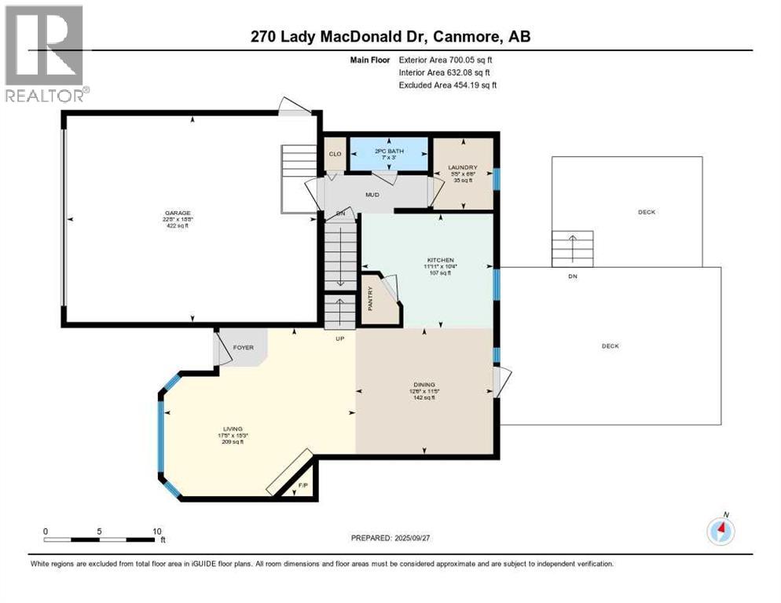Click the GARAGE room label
click(176, 213)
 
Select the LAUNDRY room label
click(463, 167)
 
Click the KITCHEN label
click(440, 260)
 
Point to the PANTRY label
click(371, 298)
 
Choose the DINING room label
click(426, 385)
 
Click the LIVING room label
click(231, 429)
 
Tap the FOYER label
click(244, 347)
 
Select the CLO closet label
click(335, 154)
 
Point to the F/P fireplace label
click(302, 488)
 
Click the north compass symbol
click(720, 531)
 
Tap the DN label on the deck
click(573, 276)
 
